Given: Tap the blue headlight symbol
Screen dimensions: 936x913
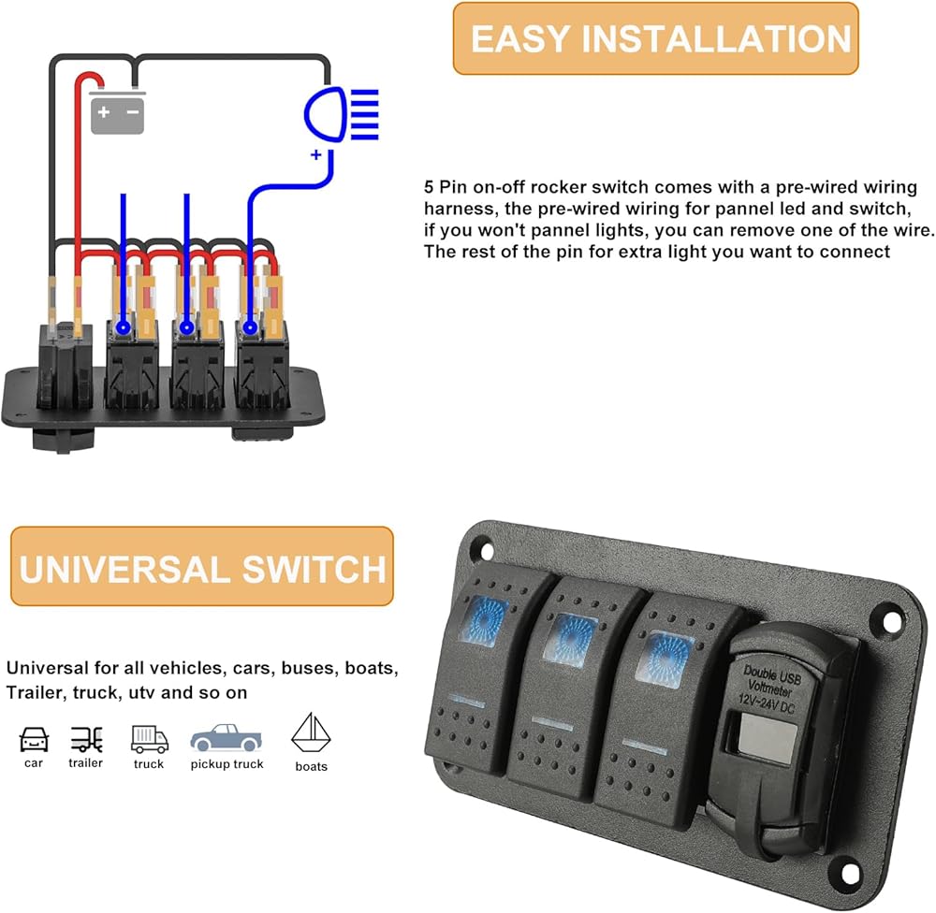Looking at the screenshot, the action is (341, 114).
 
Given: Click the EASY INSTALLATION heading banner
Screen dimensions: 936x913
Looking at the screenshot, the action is (655, 38).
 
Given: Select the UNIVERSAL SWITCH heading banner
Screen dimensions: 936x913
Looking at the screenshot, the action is (201, 567).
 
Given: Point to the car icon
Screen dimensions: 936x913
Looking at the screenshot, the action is (34, 739).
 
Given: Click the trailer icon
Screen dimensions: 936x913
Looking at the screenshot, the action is (86, 739).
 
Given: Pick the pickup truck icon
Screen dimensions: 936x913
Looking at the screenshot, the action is (227, 739).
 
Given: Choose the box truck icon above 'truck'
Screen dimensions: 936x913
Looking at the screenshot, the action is (149, 739).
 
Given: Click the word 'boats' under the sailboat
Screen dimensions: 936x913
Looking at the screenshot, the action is (312, 766).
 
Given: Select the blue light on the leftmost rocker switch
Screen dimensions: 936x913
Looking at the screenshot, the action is (479, 617).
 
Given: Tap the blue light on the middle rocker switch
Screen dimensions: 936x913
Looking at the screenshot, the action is (571, 636).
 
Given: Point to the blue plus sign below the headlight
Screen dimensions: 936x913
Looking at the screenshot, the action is (316, 154).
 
